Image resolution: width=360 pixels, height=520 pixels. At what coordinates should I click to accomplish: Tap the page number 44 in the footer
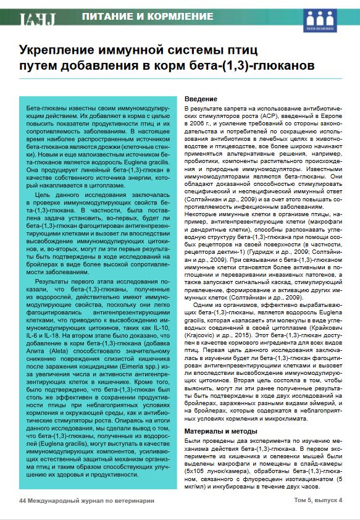(x=22, y=500)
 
